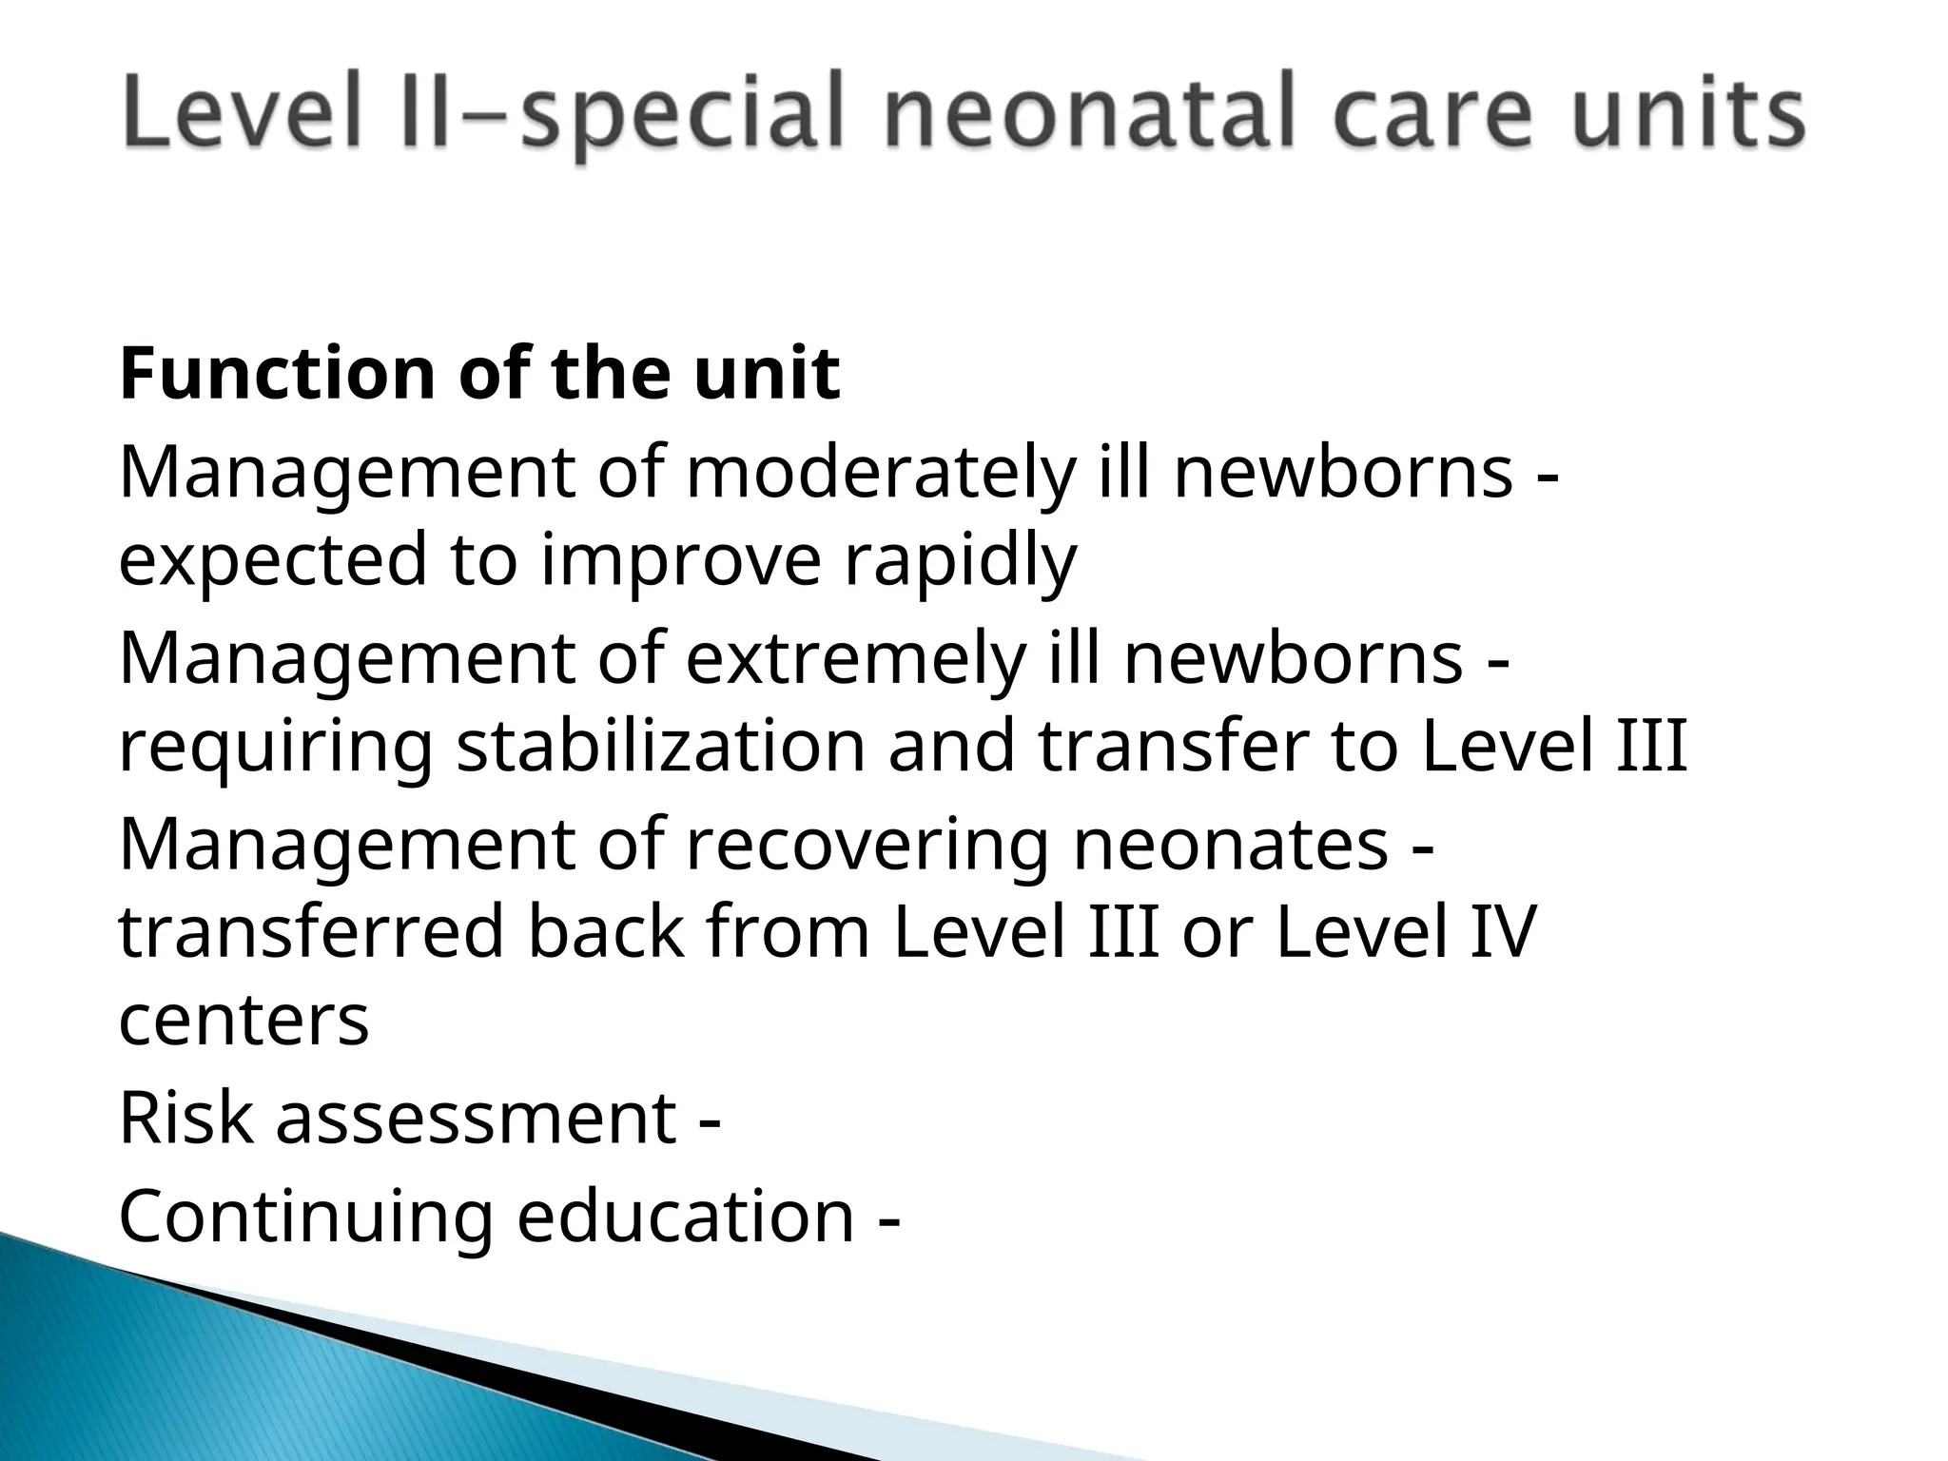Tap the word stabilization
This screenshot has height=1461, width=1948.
(660, 747)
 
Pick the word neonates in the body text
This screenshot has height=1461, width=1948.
(1230, 846)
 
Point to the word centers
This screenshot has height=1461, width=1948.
(243, 1021)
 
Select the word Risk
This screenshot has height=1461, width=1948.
(186, 1119)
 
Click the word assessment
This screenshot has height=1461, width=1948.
(476, 1119)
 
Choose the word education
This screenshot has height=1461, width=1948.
(686, 1217)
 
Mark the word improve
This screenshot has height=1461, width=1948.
(680, 560)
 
